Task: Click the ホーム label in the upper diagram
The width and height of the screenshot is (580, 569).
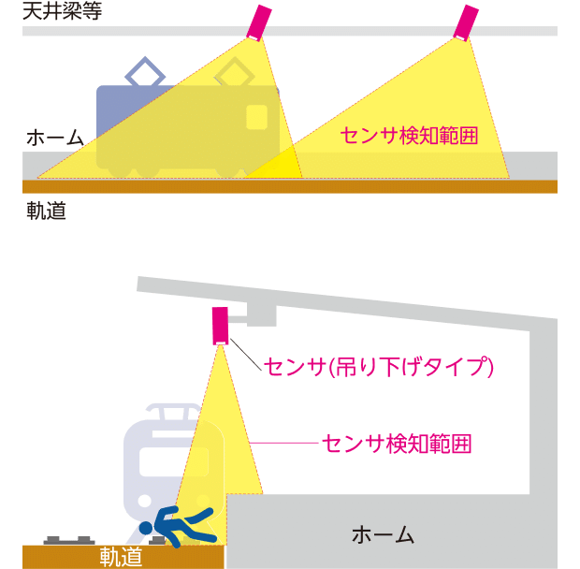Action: [x=54, y=138]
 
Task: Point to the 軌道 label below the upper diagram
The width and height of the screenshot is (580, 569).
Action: [x=46, y=211]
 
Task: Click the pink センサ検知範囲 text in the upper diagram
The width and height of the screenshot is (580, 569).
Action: [x=409, y=136]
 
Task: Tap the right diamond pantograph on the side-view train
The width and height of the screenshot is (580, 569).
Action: [x=233, y=73]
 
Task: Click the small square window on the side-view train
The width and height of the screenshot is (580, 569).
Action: [x=256, y=117]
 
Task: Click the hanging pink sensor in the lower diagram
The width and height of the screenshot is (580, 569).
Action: [x=220, y=325]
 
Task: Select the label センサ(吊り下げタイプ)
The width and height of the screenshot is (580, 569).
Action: [x=379, y=366]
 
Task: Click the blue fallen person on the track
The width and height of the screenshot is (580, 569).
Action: [x=183, y=525]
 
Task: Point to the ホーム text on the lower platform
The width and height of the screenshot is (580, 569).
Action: [x=383, y=535]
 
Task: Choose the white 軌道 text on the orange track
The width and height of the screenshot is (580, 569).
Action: [x=121, y=557]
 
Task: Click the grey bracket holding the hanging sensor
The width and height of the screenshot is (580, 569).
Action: [x=256, y=315]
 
